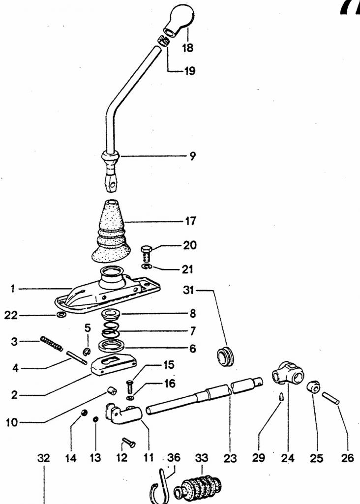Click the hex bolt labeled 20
pyautogui.click(x=147, y=254)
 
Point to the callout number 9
pyautogui.click(x=192, y=156)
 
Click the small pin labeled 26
pyautogui.click(x=331, y=398)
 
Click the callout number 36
pyautogui.click(x=174, y=457)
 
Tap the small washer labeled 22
pyautogui.click(x=60, y=315)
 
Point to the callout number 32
pyautogui.click(x=44, y=458)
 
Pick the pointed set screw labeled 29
pyautogui.click(x=280, y=397)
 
